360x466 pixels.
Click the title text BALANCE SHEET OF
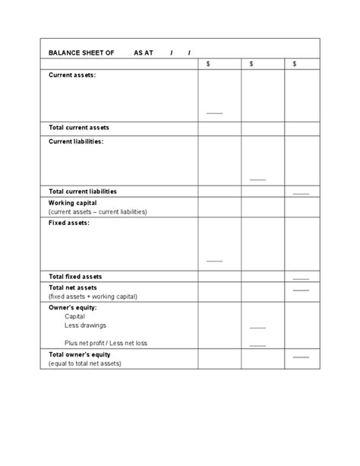point(81,52)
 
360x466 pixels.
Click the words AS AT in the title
point(143,52)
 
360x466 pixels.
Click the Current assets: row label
point(72,75)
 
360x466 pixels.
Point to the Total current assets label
point(79,128)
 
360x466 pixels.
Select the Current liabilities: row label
point(76,141)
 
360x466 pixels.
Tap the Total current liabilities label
point(83,191)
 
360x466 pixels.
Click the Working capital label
point(72,203)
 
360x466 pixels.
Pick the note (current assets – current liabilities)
point(98,211)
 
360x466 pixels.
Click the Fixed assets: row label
point(69,223)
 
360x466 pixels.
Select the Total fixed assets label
point(75,276)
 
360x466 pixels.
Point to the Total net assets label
point(73,288)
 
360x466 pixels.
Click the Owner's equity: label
point(73,308)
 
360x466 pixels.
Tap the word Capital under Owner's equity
point(74,316)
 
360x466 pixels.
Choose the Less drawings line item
point(85,325)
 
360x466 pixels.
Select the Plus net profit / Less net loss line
point(106,343)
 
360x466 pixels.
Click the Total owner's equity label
point(80,355)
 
